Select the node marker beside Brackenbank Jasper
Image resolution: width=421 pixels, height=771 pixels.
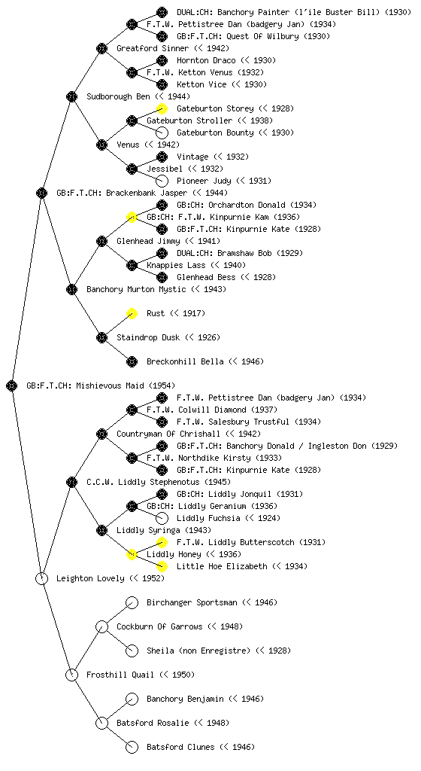41,194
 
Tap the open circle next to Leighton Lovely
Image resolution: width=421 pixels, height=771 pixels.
41,579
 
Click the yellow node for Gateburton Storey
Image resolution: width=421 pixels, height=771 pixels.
162,108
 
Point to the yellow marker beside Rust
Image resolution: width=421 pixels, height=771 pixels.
132,314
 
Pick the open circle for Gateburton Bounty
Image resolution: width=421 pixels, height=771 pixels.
162,133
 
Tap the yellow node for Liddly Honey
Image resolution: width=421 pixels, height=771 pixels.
132,555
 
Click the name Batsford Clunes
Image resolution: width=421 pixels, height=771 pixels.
180,747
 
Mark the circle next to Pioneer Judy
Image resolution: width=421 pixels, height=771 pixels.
162,181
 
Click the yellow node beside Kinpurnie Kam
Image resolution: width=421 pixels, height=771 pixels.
132,218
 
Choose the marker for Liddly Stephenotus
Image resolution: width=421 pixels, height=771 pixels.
71,483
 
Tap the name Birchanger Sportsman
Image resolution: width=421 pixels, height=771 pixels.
192,602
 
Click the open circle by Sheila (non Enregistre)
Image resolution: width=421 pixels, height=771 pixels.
132,651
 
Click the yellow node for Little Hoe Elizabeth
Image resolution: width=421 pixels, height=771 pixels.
162,566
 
